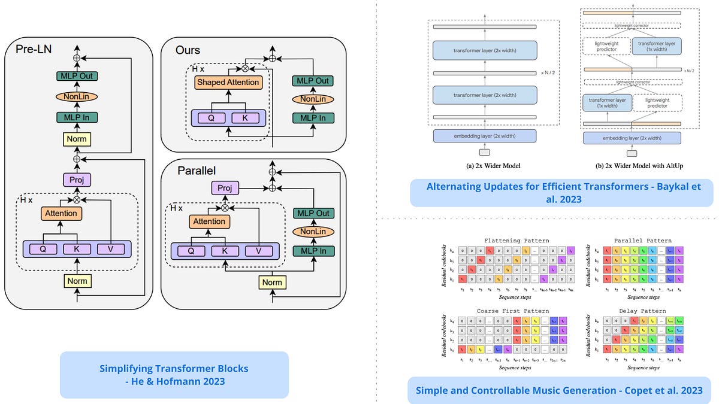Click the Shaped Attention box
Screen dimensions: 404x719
228,82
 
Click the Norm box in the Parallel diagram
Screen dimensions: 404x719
272,282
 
